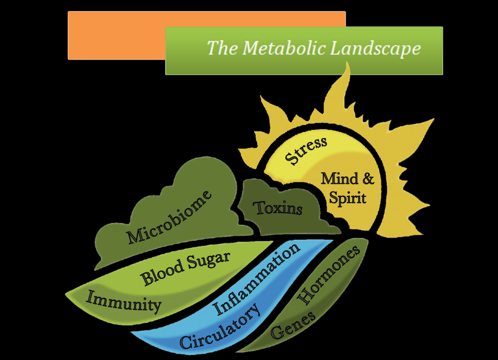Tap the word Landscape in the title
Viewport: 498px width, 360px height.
[375, 48]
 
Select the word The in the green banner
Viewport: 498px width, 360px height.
[219, 48]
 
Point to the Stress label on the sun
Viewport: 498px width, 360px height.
[306, 151]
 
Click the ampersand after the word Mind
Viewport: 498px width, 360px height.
[367, 179]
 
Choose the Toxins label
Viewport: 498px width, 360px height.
[278, 208]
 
